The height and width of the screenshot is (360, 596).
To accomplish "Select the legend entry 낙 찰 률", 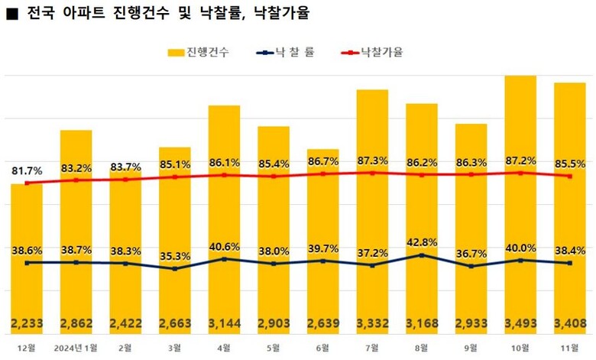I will coord(288,54).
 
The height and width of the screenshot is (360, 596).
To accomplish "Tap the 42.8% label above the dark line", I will coord(422,242).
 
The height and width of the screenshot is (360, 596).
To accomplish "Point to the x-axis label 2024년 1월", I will coord(76,348).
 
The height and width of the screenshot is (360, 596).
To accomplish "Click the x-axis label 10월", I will coord(520,348).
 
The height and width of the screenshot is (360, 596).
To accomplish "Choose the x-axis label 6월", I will coord(323,348).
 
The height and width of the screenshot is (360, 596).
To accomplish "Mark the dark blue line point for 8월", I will coord(422,255).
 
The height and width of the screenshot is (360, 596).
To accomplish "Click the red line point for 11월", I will coord(569,176).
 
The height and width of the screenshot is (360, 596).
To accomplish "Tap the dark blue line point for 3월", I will coord(175,269).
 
